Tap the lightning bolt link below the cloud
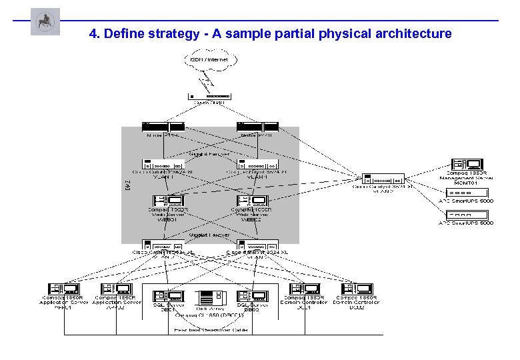tap(208, 81)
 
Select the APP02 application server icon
tap(117, 289)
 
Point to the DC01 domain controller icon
tap(304, 289)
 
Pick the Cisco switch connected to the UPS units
tap(384, 179)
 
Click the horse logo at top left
tap(45, 22)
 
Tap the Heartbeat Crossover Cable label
tap(209, 329)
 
